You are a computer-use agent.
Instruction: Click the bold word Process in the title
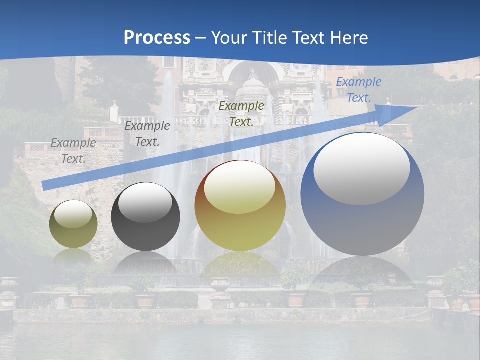coord(157,38)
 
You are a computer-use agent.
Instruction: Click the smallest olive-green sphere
coord(73,224)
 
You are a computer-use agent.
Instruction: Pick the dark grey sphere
coord(145,217)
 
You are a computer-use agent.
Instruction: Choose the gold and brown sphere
coord(240,206)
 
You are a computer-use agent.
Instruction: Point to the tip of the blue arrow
coord(415,107)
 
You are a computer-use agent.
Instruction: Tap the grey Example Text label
coord(73,151)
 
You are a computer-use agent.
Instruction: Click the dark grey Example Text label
coord(147,134)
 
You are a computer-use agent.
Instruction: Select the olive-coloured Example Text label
coord(241,113)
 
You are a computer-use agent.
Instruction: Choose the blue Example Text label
coord(358,90)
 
